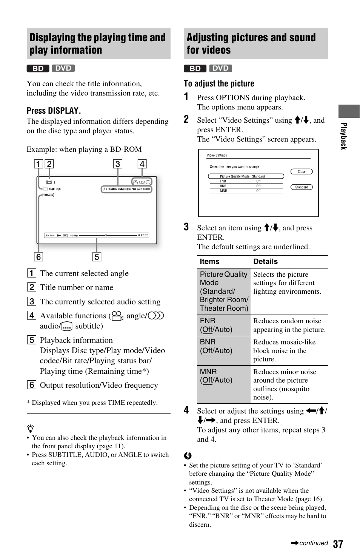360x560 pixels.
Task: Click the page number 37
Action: pyautogui.click(x=338, y=544)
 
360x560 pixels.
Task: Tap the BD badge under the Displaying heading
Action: pyautogui.click(x=38, y=68)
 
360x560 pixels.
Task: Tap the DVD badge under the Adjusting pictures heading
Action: pyautogui.click(x=220, y=68)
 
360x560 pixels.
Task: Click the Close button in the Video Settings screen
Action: pyautogui.click(x=302, y=171)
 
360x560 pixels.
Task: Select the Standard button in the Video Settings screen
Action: pyautogui.click(x=302, y=187)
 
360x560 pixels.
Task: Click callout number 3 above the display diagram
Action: pyautogui.click(x=118, y=164)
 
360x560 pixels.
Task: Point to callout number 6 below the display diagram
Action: pyautogui.click(x=38, y=257)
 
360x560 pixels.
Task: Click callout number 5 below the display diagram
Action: pyautogui.click(x=97, y=257)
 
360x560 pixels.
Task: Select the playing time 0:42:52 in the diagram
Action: pyautogui.click(x=143, y=235)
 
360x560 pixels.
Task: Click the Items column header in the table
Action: pyautogui.click(x=209, y=261)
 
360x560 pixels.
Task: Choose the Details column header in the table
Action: pyautogui.click(x=265, y=261)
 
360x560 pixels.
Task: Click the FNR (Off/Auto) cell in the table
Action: pyautogui.click(x=216, y=325)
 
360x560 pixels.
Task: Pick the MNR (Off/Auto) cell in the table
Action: pyautogui.click(x=216, y=376)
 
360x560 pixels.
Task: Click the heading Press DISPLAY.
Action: pyautogui.click(x=54, y=111)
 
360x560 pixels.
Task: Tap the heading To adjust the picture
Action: pyautogui.click(x=219, y=84)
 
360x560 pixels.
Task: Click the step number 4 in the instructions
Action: pyautogui.click(x=186, y=410)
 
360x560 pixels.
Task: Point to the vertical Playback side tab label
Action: pyautogui.click(x=343, y=136)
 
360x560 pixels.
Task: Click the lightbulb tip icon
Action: pyautogui.click(x=30, y=429)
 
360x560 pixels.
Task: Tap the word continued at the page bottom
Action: pyautogui.click(x=313, y=543)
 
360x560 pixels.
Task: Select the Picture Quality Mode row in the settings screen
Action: pyautogui.click(x=246, y=176)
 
